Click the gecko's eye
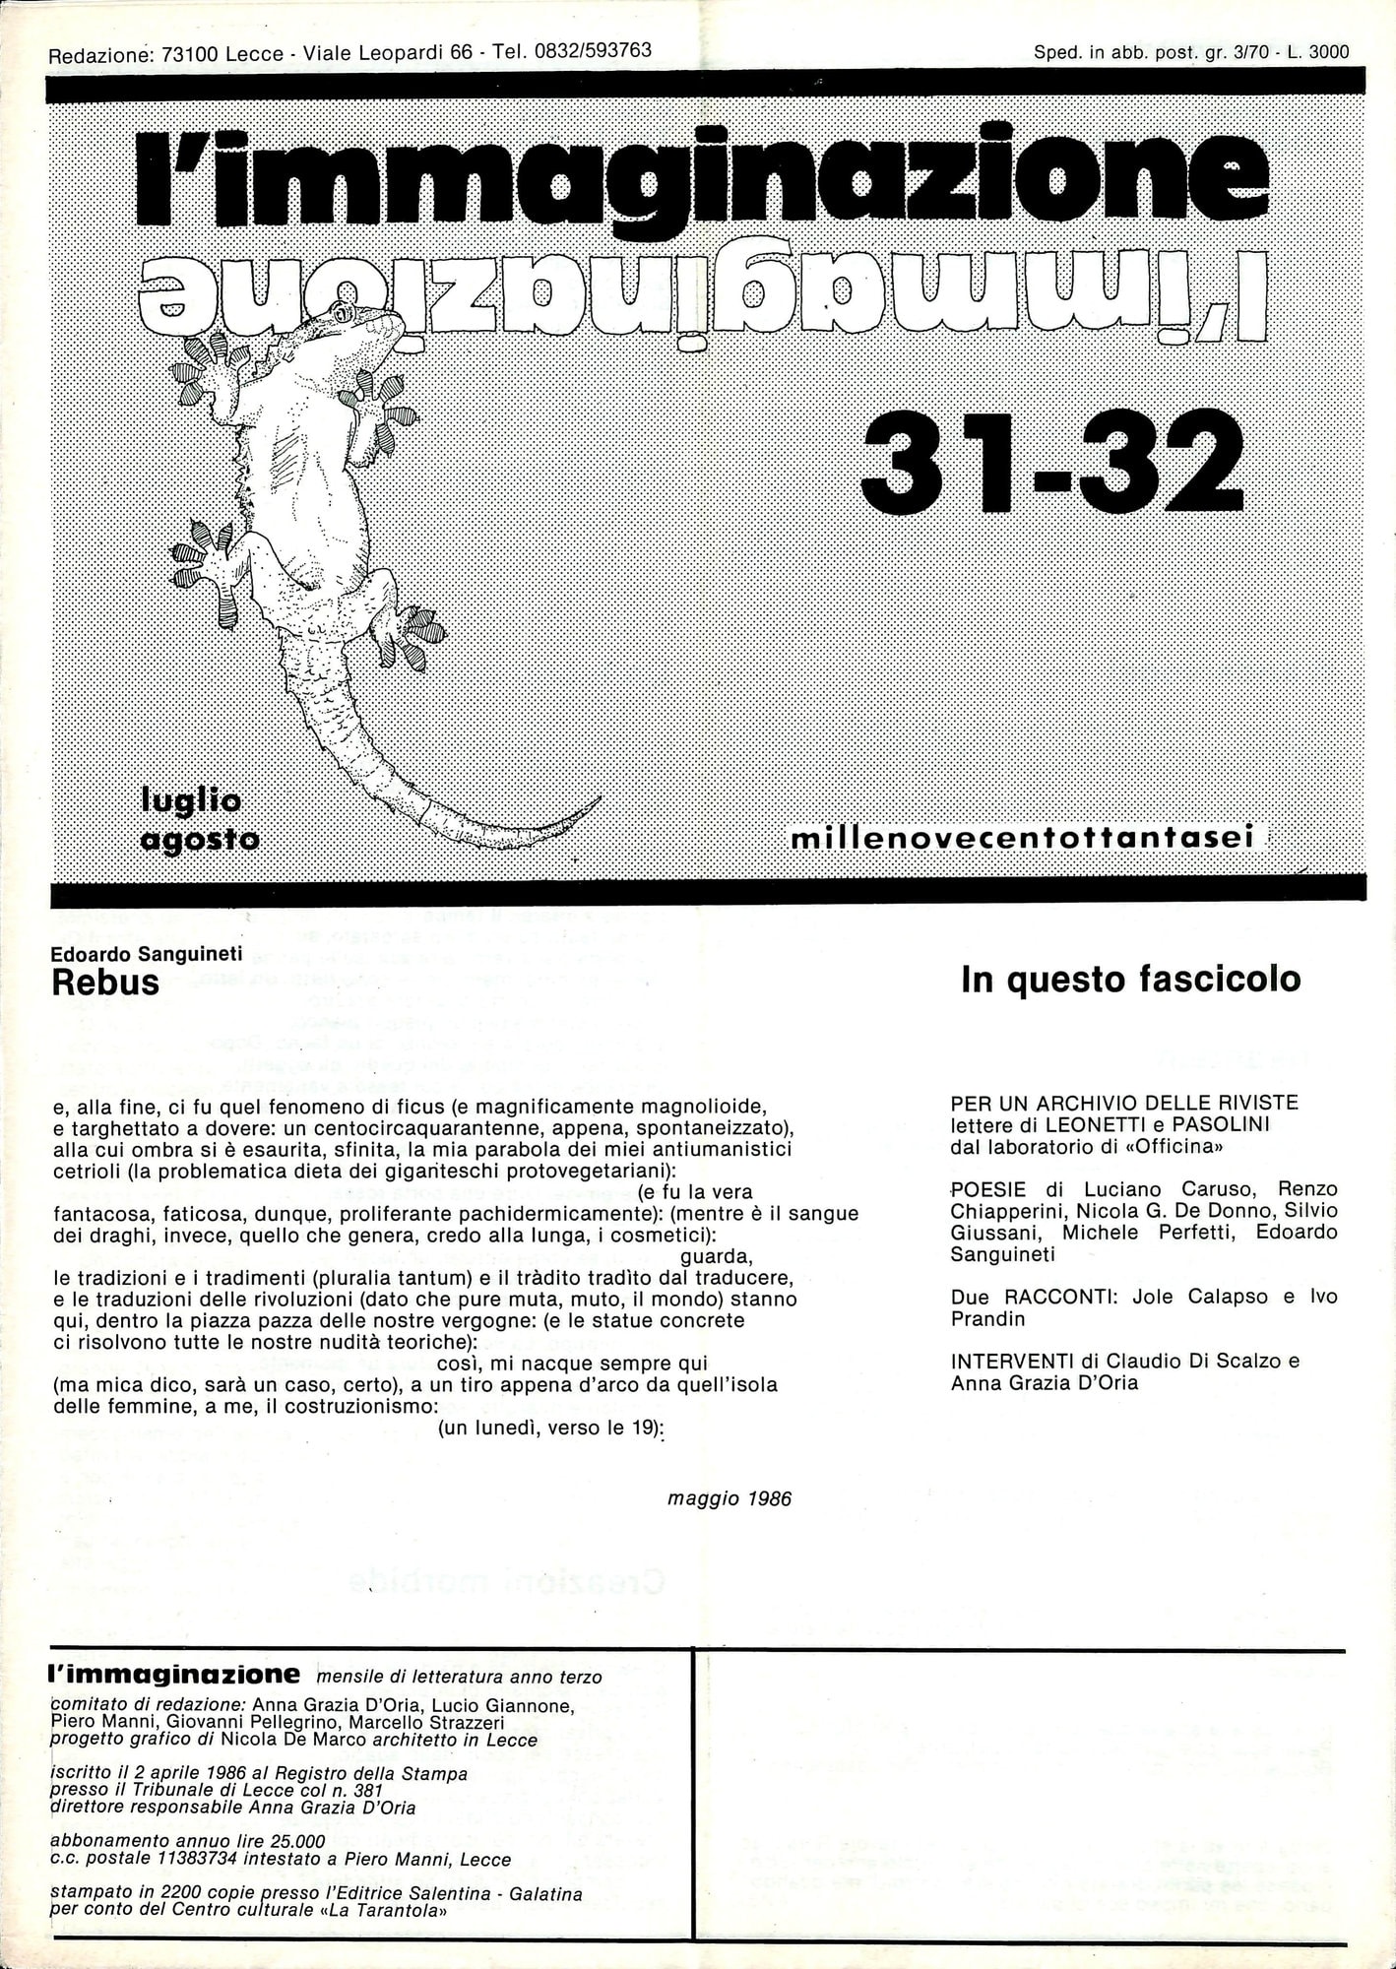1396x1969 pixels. coord(343,313)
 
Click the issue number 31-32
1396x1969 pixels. coord(1050,461)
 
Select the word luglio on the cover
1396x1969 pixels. coord(191,800)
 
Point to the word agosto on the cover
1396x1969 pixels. coord(200,840)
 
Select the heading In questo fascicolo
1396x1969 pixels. coord(1130,979)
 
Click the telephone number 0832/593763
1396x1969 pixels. coord(592,51)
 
